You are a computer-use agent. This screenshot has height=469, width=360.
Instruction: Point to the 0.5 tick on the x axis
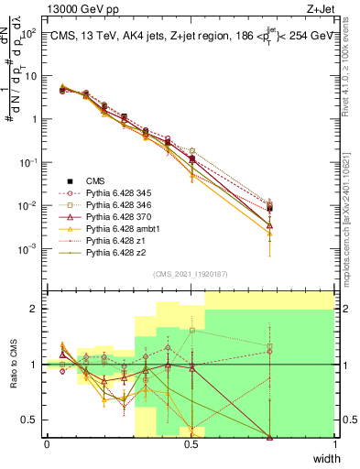191,444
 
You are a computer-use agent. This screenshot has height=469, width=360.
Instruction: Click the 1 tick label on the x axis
334,444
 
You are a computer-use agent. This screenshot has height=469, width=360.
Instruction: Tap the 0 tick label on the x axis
47,444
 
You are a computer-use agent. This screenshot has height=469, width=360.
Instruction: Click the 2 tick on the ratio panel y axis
36,309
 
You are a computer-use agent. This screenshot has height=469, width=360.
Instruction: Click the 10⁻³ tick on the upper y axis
29,249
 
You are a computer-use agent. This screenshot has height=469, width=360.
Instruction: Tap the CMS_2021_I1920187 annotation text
190,274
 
